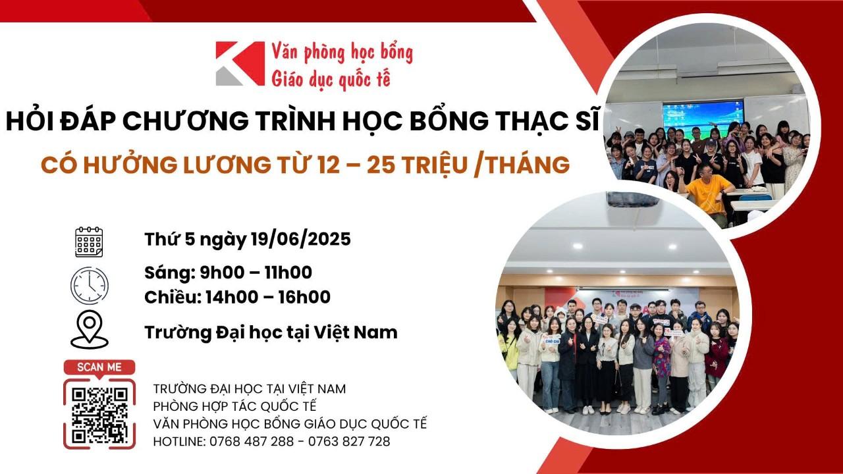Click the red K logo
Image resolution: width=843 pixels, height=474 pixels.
240,63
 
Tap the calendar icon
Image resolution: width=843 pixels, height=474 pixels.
89,242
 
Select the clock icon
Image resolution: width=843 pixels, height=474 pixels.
90,286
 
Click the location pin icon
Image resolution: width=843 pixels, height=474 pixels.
90,329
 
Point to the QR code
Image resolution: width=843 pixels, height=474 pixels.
99,415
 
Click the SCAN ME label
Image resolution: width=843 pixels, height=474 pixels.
99,367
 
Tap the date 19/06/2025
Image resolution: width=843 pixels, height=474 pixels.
301,239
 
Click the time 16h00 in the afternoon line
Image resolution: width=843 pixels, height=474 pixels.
304,297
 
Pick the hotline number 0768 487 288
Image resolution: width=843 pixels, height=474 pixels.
252,441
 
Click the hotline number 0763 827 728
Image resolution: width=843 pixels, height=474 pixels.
349,441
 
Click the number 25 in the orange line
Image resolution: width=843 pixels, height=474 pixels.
381,165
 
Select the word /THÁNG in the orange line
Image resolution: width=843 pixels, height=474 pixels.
522,165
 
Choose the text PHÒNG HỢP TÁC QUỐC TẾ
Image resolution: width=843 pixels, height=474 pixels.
235,406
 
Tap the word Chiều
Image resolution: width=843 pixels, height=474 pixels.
173,297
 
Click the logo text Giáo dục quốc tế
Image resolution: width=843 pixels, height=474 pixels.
331,80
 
